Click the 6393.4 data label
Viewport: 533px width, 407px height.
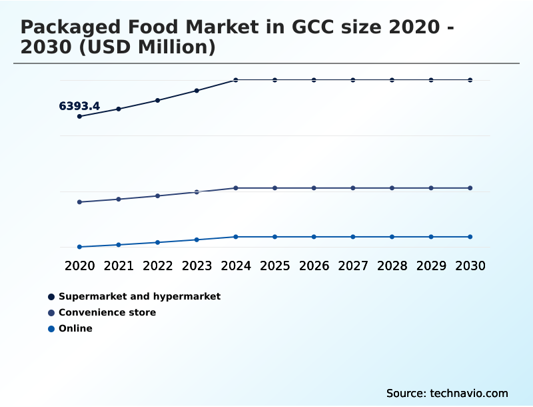click(x=79, y=106)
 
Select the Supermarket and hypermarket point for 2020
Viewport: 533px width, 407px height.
click(x=79, y=116)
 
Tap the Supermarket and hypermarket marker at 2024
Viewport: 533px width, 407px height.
click(x=236, y=80)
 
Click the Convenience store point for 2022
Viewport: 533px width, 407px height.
click(x=158, y=195)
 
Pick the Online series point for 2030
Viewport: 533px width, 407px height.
click(x=470, y=237)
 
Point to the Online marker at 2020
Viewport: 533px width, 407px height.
click(x=79, y=247)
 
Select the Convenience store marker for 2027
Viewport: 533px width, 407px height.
click(x=353, y=188)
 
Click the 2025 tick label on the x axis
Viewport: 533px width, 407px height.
click(x=274, y=266)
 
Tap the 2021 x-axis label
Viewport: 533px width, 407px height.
click(x=119, y=266)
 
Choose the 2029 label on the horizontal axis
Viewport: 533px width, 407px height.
click(x=431, y=266)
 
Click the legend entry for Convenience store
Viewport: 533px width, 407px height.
click(x=107, y=312)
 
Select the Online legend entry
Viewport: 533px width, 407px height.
click(x=75, y=328)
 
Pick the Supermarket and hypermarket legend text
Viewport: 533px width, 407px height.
click(x=139, y=296)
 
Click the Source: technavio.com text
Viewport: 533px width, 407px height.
click(x=447, y=393)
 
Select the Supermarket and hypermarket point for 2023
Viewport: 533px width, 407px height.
click(x=197, y=91)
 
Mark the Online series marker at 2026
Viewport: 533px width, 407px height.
click(x=314, y=237)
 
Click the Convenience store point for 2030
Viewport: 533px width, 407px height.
click(x=470, y=188)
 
